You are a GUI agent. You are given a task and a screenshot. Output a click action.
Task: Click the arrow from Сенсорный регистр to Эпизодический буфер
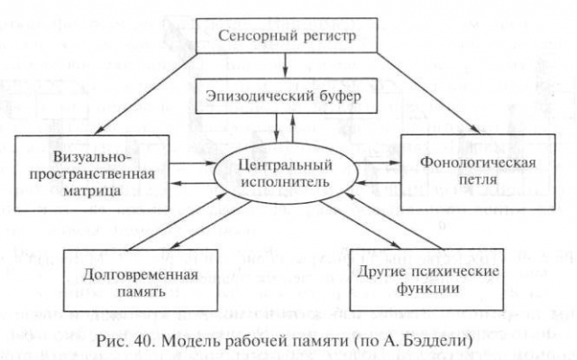coord(285,66)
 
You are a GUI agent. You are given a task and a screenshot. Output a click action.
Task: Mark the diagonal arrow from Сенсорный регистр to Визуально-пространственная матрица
coord(146,94)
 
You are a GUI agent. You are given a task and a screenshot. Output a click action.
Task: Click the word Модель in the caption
coord(189,341)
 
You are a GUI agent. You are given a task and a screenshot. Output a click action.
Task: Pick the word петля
coord(478,180)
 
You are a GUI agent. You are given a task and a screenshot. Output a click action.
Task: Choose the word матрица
coord(92,190)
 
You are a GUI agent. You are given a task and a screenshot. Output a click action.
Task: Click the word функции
coord(427,288)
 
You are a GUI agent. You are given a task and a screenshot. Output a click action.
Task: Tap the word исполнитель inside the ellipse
coord(285,182)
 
